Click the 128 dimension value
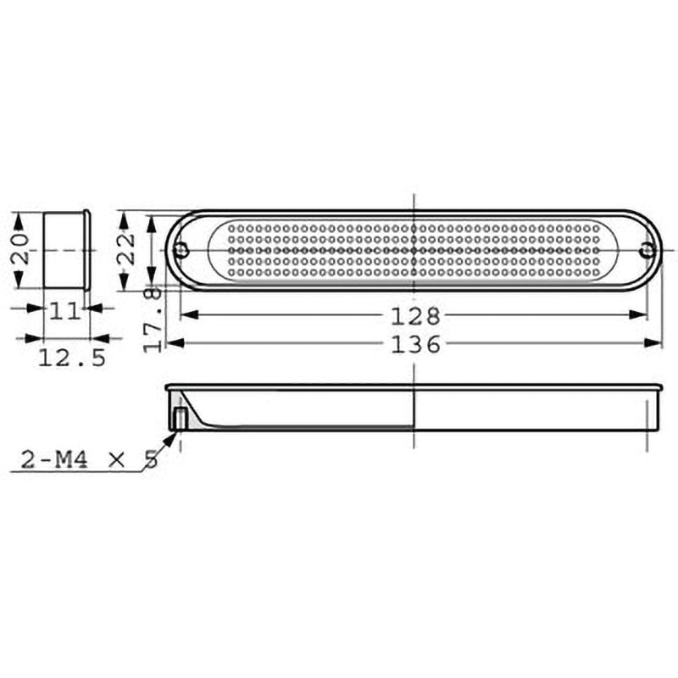click(x=415, y=316)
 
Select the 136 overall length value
click(x=415, y=345)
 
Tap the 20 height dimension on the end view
click(x=20, y=249)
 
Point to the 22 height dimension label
click(x=126, y=249)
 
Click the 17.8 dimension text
click(x=153, y=320)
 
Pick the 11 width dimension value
click(x=65, y=311)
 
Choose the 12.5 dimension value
click(x=72, y=358)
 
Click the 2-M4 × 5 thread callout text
click(x=90, y=459)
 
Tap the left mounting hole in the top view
click(x=181, y=249)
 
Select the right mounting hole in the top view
click(x=647, y=249)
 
